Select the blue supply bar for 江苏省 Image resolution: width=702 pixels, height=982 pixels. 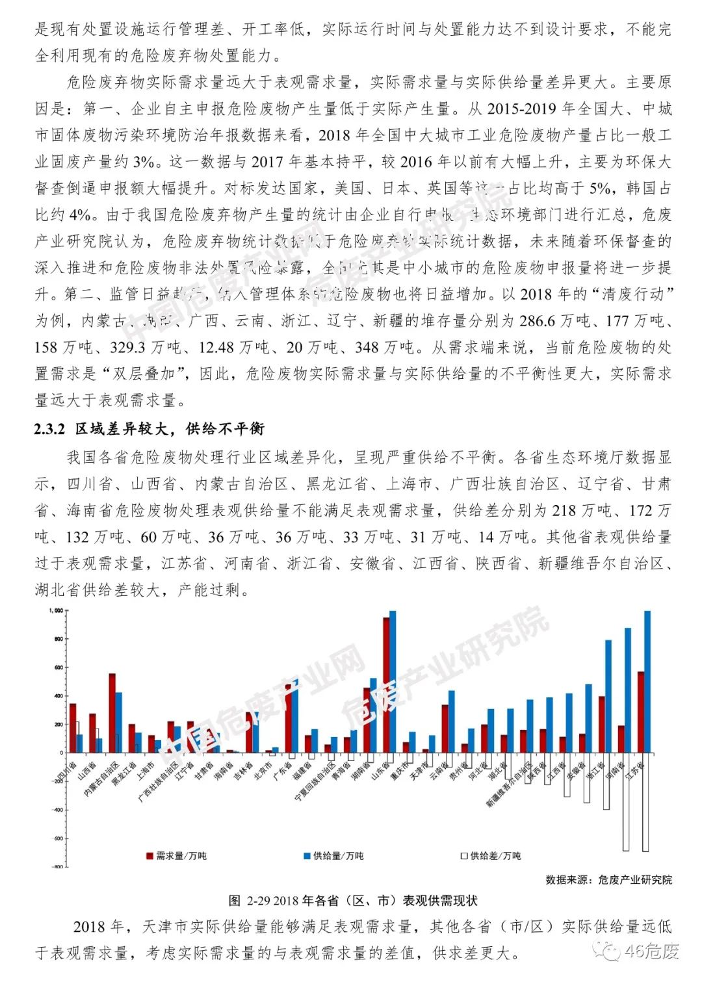647,682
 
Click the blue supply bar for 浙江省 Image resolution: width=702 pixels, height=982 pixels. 608,696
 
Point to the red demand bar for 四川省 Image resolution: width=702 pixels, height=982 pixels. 73,728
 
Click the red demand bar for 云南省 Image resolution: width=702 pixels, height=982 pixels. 445,729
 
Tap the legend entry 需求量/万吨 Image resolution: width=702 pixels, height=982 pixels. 176,856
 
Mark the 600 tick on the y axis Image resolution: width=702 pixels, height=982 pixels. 58,667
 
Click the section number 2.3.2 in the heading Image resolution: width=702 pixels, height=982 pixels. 50,429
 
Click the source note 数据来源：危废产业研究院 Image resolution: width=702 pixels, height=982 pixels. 608,879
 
